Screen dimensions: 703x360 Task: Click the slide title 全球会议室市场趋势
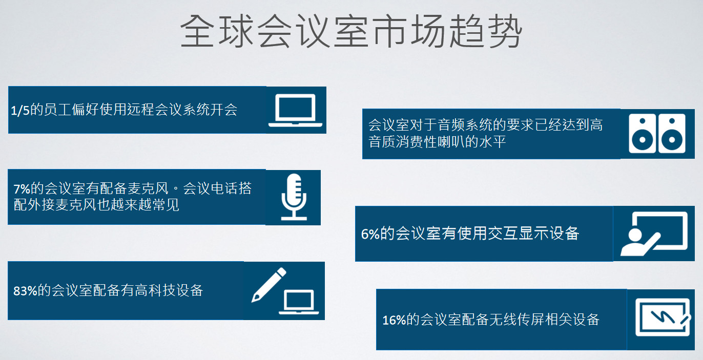click(x=351, y=31)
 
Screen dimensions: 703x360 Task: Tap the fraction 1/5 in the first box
click(x=20, y=111)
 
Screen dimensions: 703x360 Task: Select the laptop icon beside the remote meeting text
click(x=295, y=111)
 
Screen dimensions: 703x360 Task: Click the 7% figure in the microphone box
click(x=22, y=189)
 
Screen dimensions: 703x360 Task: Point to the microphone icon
click(x=294, y=197)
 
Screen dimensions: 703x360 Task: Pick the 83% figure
click(x=25, y=291)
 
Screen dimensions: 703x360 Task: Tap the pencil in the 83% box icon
click(x=268, y=285)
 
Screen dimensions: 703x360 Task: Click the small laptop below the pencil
click(x=299, y=302)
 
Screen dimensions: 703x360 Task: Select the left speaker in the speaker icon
click(x=642, y=133)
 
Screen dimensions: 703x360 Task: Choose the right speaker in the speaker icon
click(x=672, y=133)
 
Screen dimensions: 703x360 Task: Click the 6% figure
click(x=370, y=234)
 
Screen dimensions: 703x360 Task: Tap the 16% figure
click(x=394, y=320)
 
